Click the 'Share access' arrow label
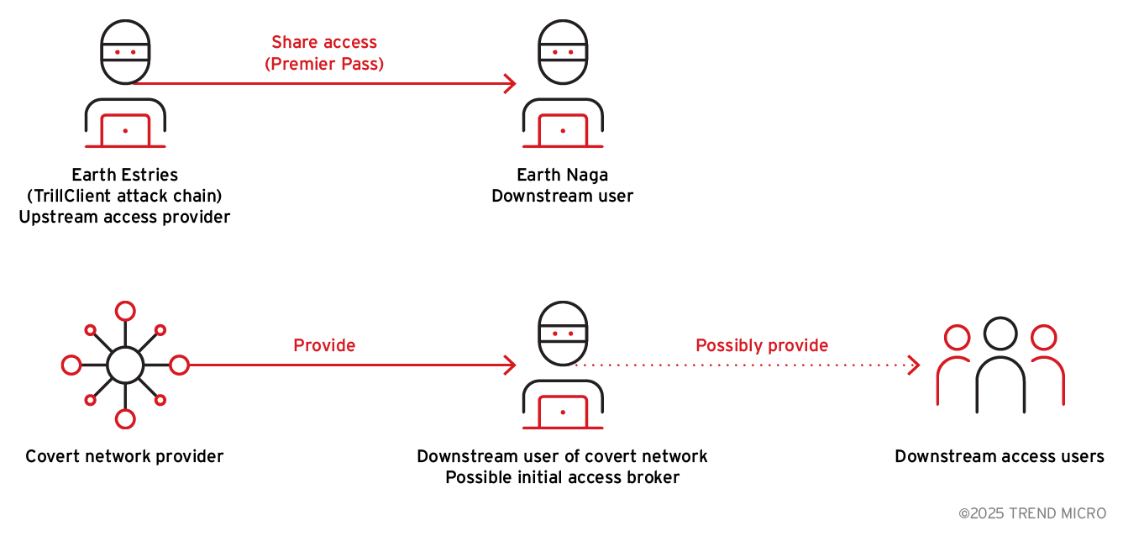point(323,42)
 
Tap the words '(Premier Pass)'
point(323,64)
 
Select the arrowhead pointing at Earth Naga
point(508,83)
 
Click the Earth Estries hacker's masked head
point(125,51)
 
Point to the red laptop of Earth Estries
point(125,130)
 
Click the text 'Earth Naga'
point(562,175)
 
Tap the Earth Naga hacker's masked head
point(562,51)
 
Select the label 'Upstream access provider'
point(125,217)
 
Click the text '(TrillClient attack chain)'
point(125,196)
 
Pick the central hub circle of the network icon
point(125,365)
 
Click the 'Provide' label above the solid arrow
point(324,345)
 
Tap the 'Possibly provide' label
point(762,345)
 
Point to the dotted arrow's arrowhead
point(915,365)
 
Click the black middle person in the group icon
point(1000,370)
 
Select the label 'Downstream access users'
point(1000,456)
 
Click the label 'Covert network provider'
point(124,456)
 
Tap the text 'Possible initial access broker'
point(562,477)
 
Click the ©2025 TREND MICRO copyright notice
point(1032,512)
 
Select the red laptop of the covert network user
point(562,412)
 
